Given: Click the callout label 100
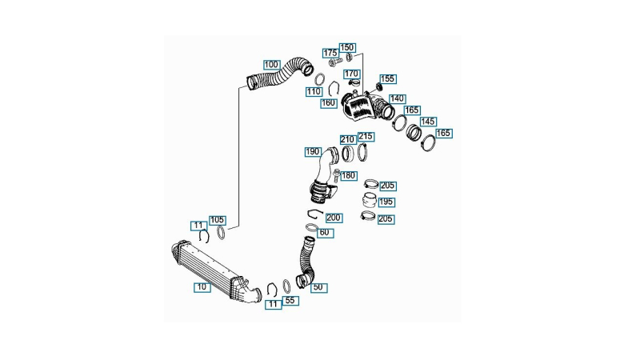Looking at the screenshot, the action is tap(271, 65).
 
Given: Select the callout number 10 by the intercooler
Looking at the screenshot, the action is tap(202, 287).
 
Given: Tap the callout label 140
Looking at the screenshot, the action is tap(397, 98).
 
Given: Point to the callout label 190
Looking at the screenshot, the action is tap(313, 152).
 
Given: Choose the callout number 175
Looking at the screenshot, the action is tap(330, 53).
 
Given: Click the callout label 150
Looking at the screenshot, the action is tap(347, 48).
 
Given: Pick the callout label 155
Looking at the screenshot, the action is tap(388, 78).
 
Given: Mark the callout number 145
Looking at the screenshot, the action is tap(428, 122).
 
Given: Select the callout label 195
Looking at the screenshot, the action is tap(386, 202).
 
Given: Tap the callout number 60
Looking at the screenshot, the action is tap(325, 233).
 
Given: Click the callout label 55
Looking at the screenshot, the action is tap(290, 301).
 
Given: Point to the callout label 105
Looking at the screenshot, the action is tap(217, 221).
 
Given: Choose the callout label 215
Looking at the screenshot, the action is tap(366, 136).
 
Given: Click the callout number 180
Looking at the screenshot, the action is tap(348, 175).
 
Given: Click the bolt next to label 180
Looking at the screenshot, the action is tap(336, 175).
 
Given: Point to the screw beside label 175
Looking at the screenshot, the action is tap(334, 63).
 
